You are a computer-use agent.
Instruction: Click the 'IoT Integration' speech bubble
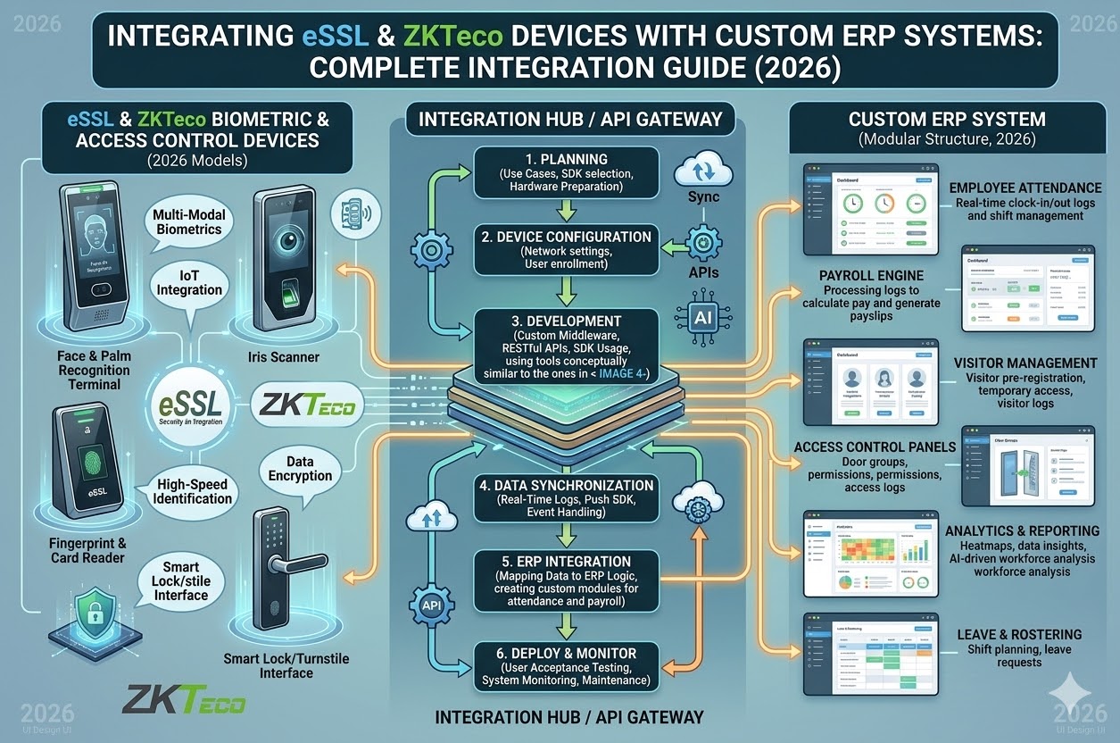coord(189,282)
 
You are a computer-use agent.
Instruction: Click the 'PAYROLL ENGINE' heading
coord(859,276)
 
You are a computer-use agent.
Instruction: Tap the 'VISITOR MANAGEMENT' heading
coord(1025,363)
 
